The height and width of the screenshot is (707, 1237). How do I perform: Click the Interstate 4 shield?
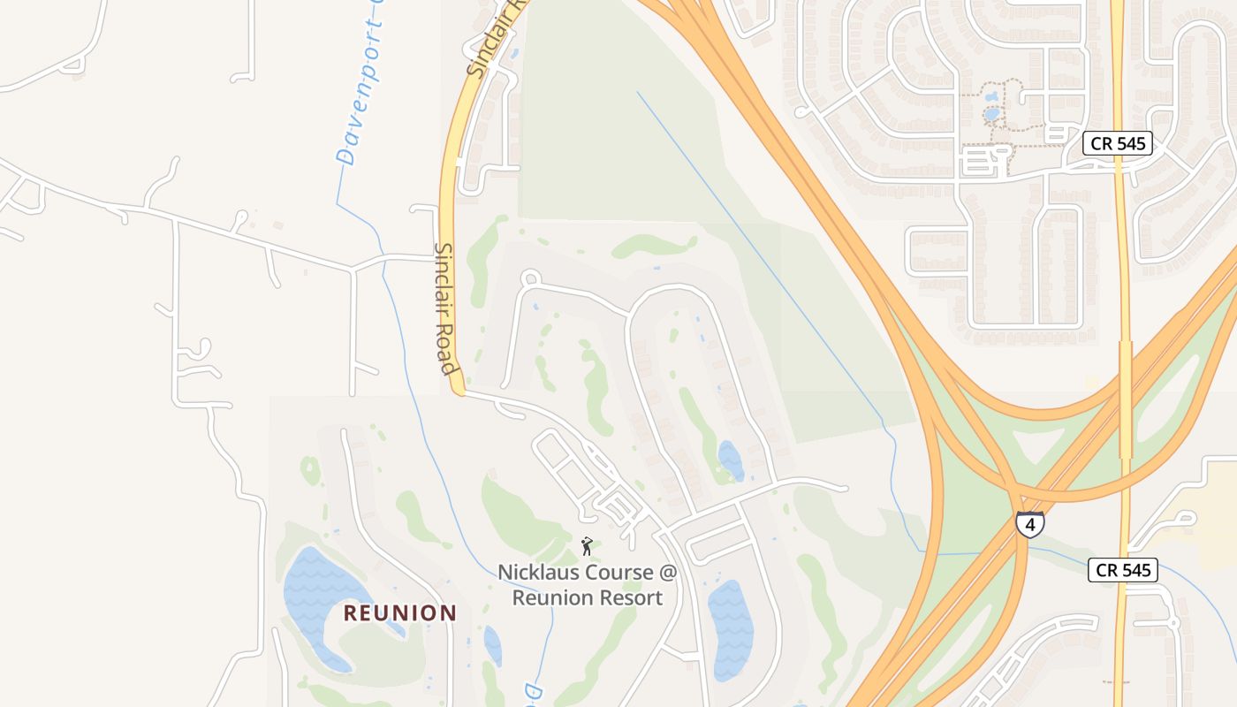click(1029, 523)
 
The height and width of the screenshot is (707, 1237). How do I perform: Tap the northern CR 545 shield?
click(1118, 143)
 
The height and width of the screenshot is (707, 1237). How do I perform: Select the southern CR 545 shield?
click(1122, 570)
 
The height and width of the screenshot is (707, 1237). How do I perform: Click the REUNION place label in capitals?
click(400, 612)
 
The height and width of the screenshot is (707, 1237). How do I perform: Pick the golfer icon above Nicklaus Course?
click(586, 546)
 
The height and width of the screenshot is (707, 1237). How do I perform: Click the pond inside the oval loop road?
click(731, 460)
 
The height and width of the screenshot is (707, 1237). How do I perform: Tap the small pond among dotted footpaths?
click(991, 114)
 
